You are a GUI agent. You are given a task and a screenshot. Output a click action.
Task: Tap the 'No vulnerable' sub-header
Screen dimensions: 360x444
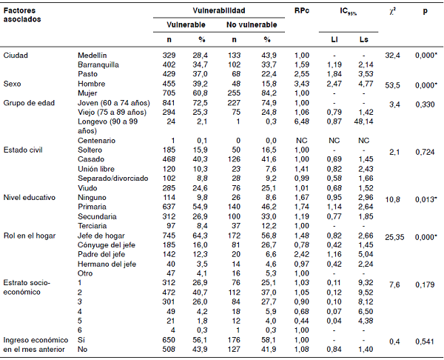[x=252, y=24]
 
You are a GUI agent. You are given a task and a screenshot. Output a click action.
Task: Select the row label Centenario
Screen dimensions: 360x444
[x=97, y=141]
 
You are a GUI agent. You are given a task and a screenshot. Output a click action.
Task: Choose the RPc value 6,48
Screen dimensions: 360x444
[x=300, y=121]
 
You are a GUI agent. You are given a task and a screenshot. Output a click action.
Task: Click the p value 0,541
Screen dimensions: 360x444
[x=424, y=341]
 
